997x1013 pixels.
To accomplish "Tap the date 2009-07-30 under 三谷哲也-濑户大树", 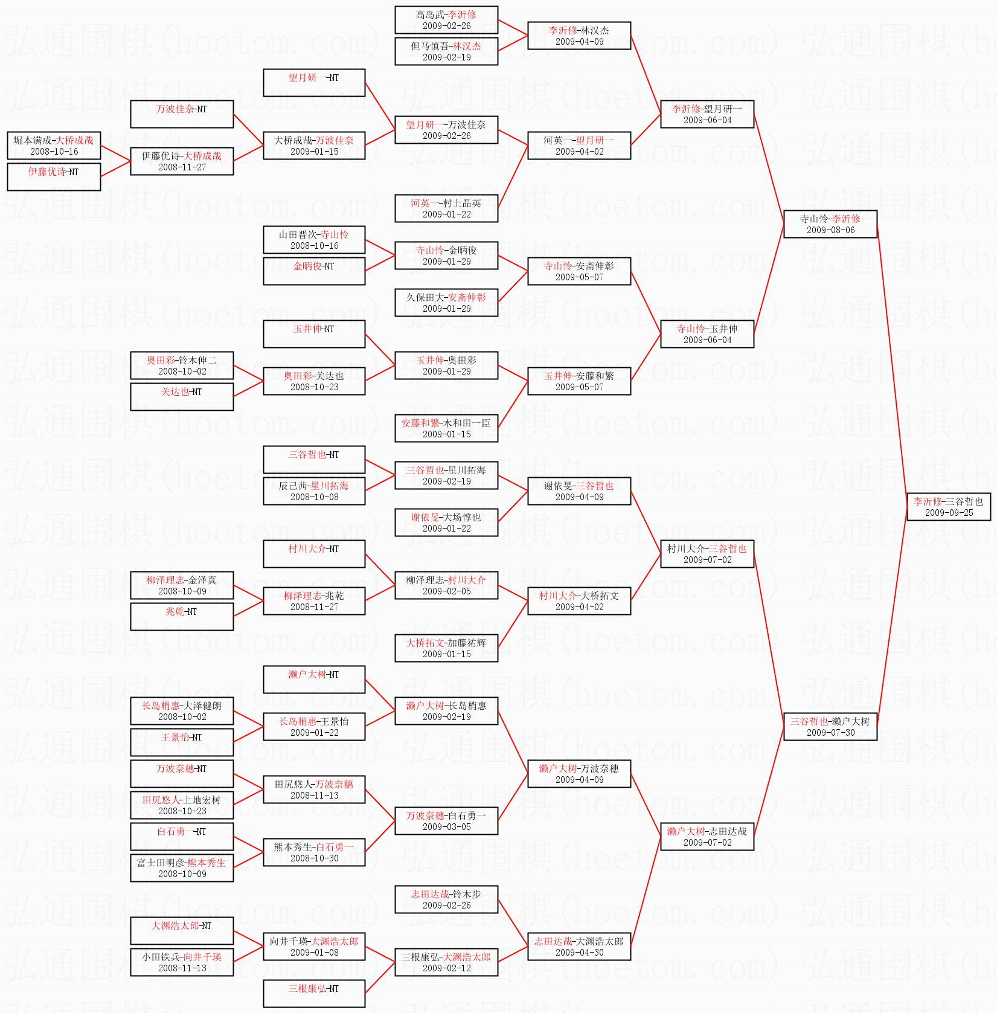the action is tap(830, 733).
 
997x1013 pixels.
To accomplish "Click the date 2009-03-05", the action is tap(446, 827).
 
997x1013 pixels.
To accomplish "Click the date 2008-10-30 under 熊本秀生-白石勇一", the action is tap(314, 858).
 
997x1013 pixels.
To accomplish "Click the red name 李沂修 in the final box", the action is tap(928, 501).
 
